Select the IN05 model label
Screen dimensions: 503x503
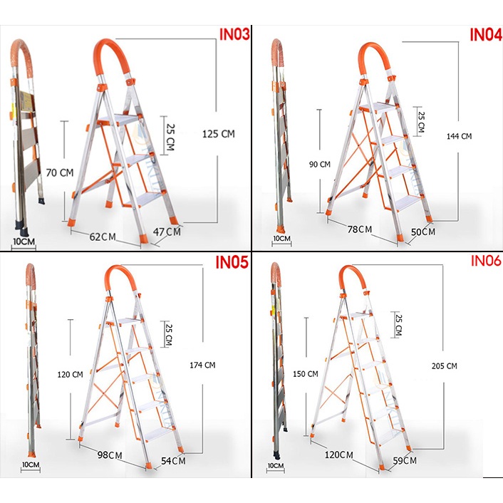232,262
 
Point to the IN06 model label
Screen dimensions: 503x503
486,261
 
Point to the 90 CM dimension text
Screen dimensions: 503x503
321,165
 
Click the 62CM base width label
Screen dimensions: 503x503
103,235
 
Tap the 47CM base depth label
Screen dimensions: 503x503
167,232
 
